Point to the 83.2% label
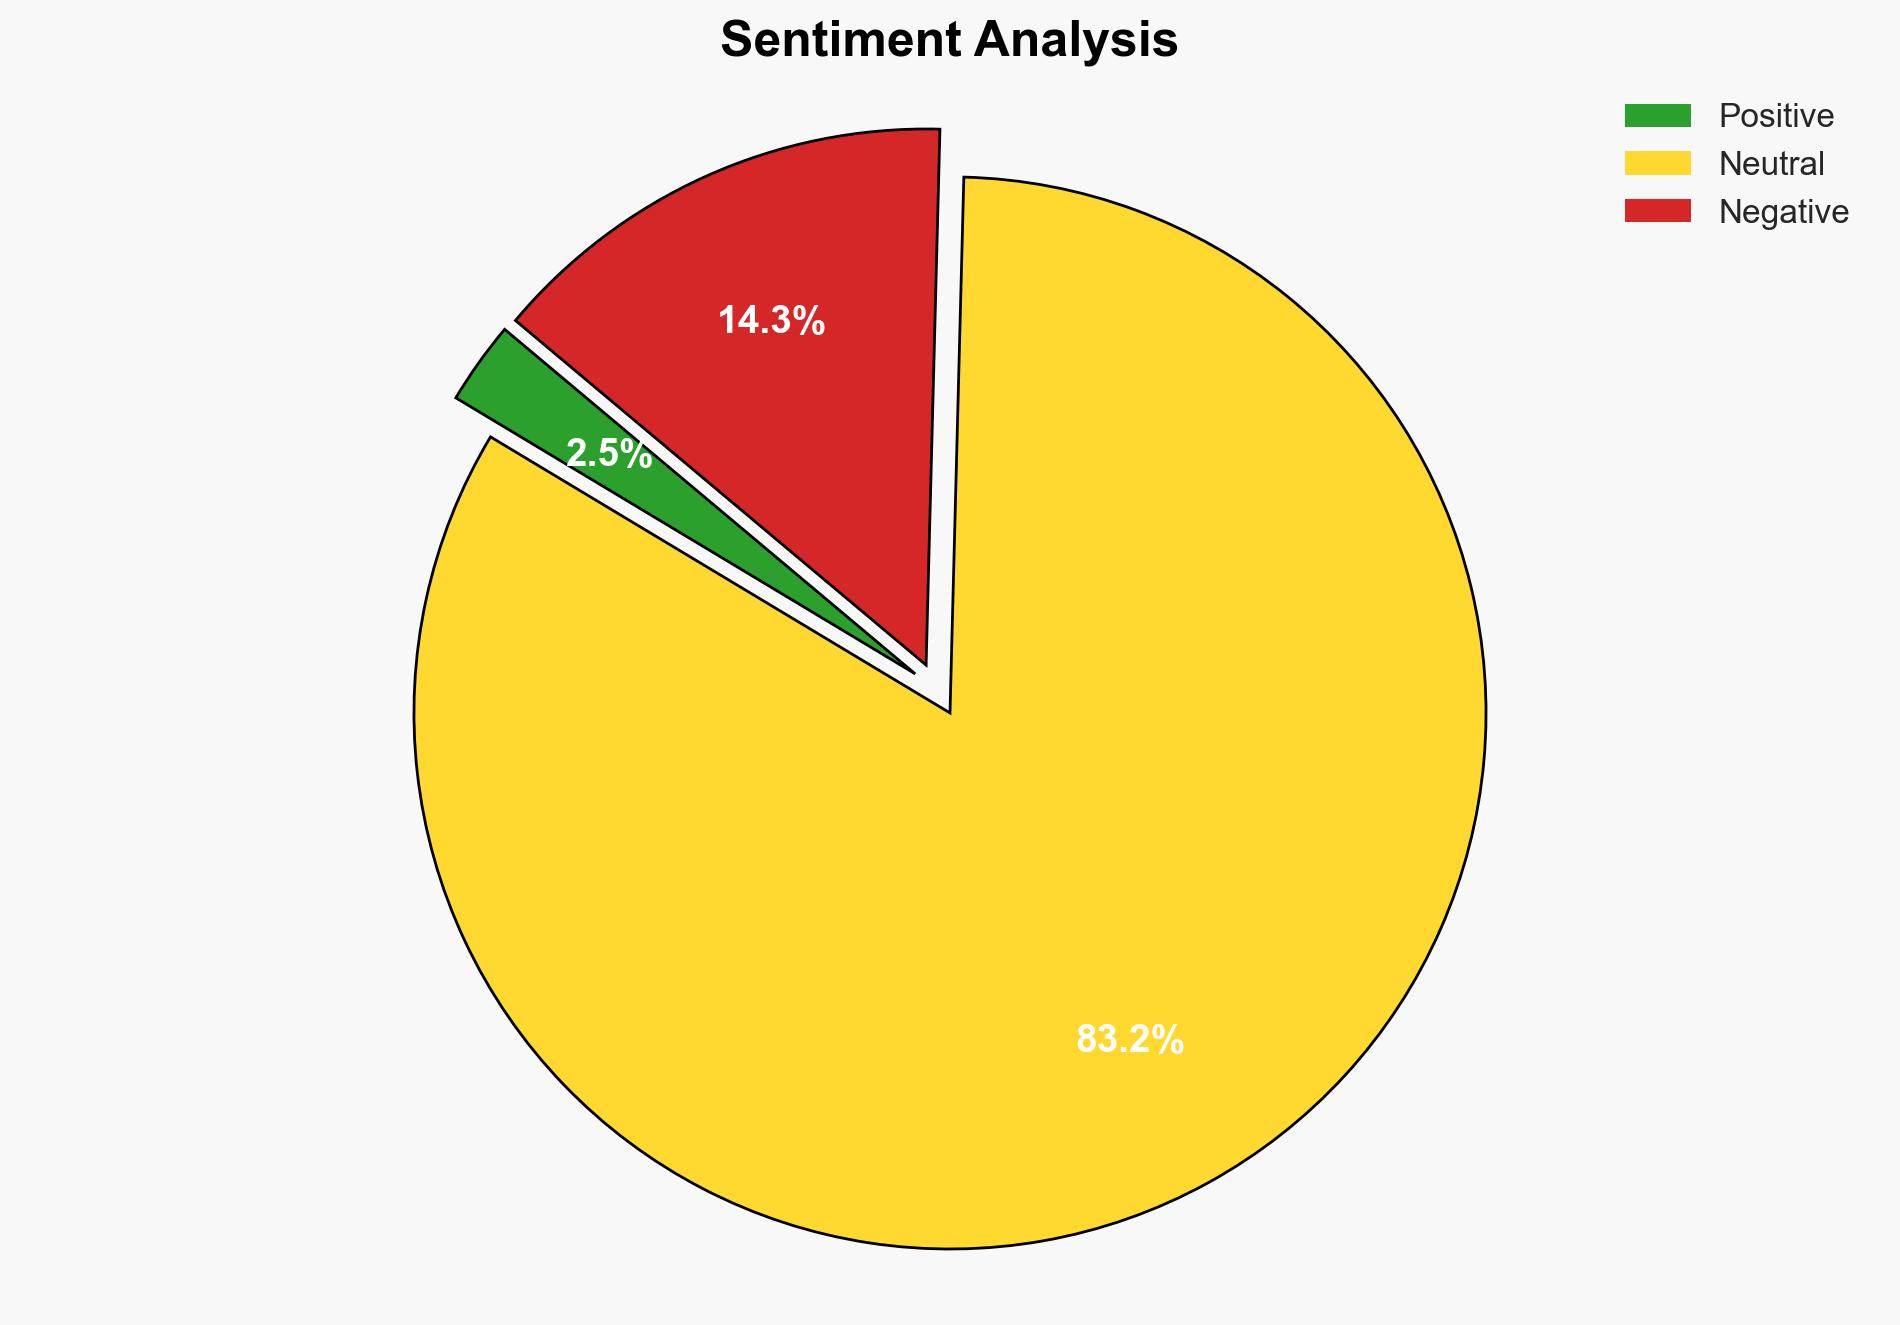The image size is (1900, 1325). pos(1129,1040)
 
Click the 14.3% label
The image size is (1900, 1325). pos(771,321)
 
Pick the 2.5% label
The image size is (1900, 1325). pos(608,454)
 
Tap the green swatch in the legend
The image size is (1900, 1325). pos(1657,116)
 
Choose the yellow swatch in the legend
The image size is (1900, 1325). pos(1657,163)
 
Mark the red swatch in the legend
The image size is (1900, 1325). pos(1657,211)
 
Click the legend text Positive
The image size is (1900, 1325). pos(1776,116)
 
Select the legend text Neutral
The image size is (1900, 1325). pos(1771,164)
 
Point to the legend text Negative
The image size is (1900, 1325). pos(1783,212)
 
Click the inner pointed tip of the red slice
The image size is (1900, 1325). pos(925,661)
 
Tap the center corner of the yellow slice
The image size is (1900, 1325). pos(948,711)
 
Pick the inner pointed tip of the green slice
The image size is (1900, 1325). pos(911,671)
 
